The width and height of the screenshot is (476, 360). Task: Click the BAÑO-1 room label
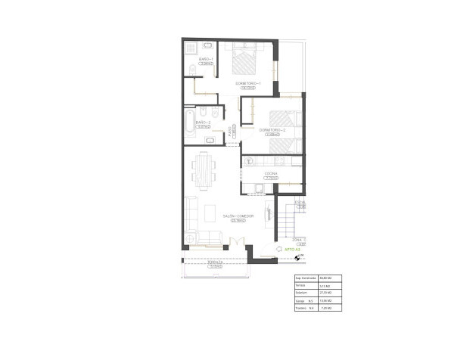206,59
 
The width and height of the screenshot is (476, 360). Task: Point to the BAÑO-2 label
202,123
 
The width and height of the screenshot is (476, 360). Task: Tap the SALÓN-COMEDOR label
227,216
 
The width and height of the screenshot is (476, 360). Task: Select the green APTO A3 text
293,248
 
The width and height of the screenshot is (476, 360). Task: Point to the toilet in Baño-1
193,70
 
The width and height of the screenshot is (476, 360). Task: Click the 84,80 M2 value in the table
326,278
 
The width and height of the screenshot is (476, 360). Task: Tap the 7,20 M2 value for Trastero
326,309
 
